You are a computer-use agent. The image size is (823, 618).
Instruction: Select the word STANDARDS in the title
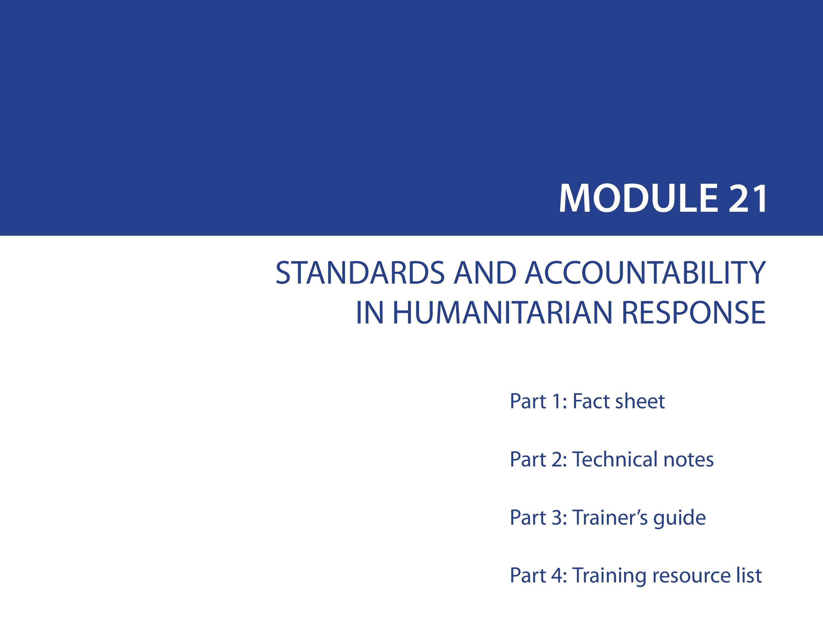pyautogui.click(x=360, y=273)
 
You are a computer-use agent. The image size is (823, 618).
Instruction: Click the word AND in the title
pyautogui.click(x=484, y=273)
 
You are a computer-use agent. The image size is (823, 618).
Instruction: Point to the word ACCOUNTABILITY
pyautogui.click(x=645, y=273)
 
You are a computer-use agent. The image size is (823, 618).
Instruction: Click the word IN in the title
pyautogui.click(x=370, y=312)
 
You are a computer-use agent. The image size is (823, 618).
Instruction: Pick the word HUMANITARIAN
pyautogui.click(x=502, y=312)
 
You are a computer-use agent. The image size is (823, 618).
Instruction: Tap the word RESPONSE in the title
pyautogui.click(x=694, y=312)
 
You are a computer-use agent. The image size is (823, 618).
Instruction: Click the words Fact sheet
pyautogui.click(x=619, y=401)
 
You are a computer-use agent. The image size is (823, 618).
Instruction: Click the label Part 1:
pyautogui.click(x=538, y=401)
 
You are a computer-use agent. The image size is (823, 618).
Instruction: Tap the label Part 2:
pyautogui.click(x=538, y=459)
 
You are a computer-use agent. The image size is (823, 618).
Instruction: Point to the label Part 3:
pyautogui.click(x=538, y=517)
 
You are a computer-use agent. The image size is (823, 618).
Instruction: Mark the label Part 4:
pyautogui.click(x=538, y=575)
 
